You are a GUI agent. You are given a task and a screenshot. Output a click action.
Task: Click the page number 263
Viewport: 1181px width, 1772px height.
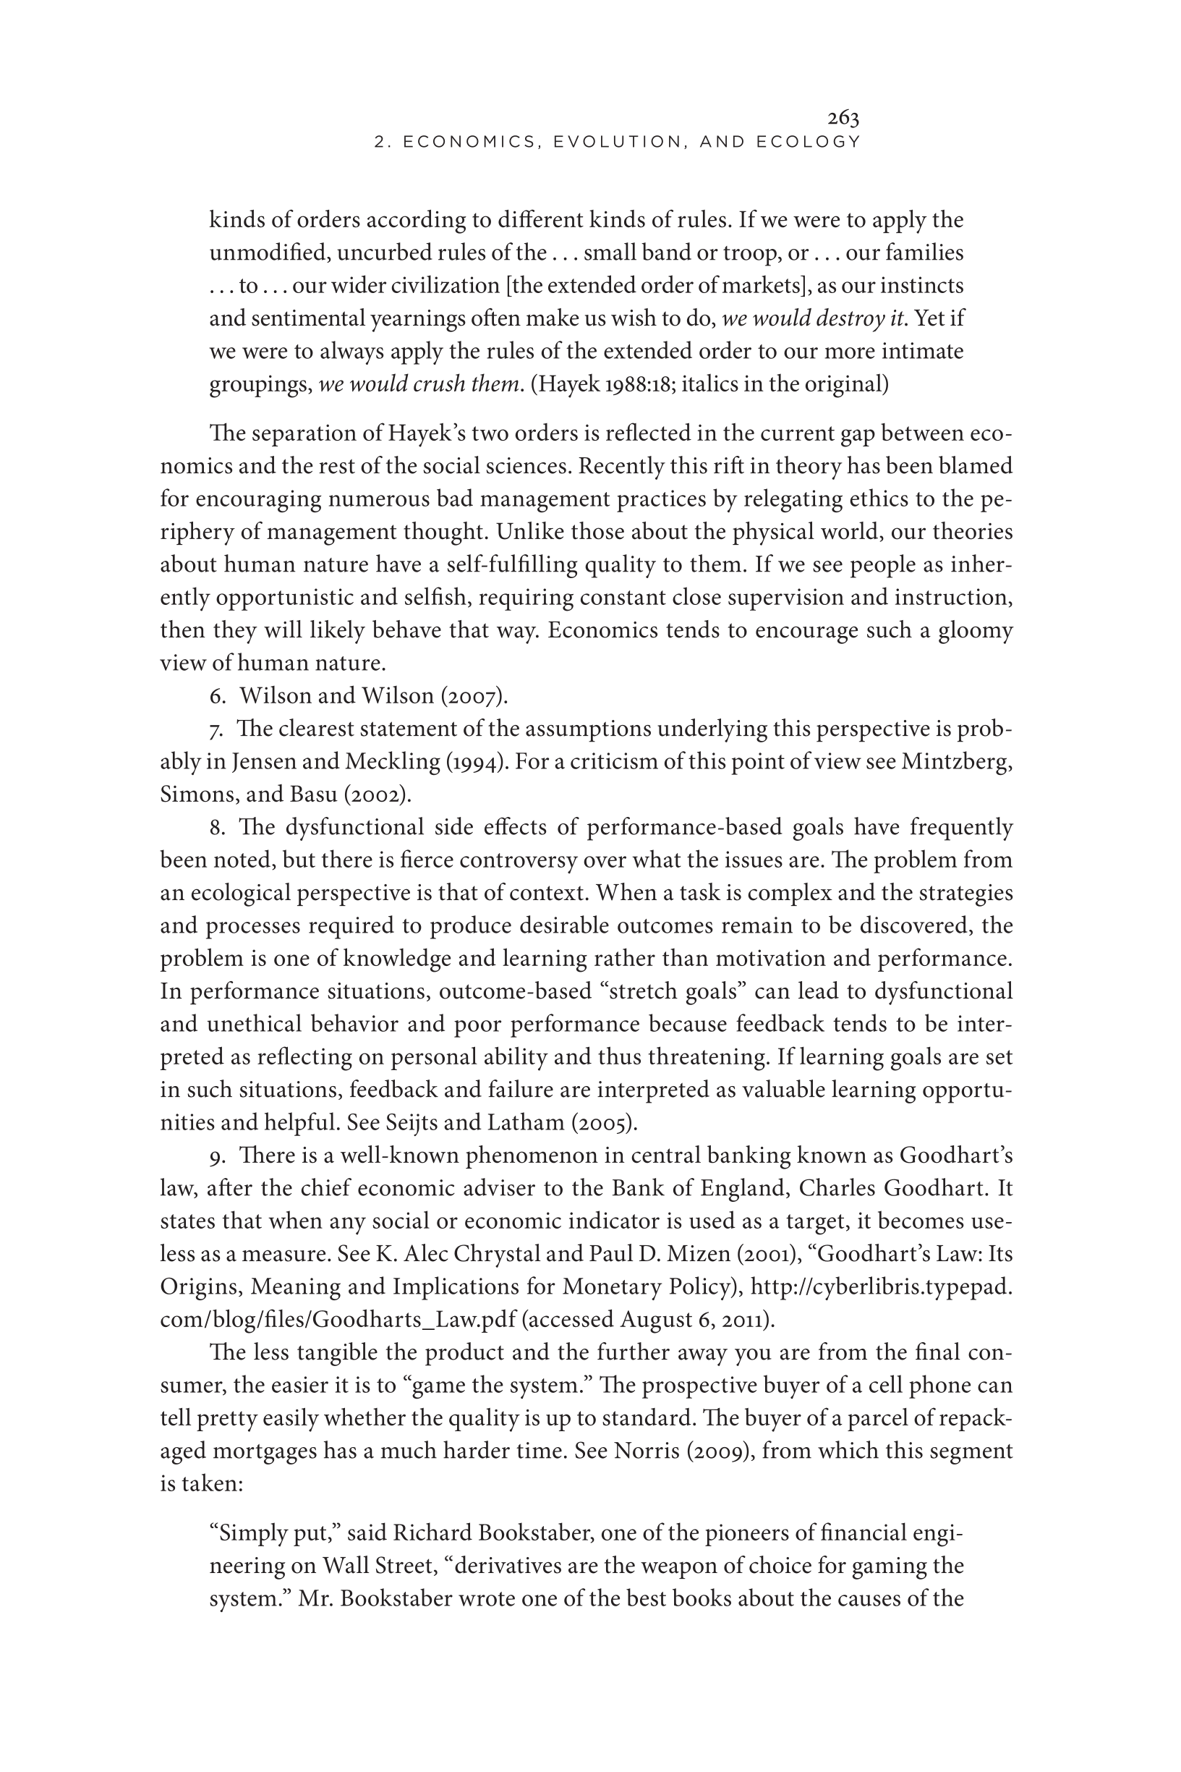[843, 118]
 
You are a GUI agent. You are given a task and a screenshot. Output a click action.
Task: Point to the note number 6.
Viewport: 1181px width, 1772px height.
[217, 696]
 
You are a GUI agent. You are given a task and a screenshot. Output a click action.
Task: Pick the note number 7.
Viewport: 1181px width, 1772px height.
[217, 729]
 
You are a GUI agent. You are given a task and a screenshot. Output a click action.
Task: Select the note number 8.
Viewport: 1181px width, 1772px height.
[217, 827]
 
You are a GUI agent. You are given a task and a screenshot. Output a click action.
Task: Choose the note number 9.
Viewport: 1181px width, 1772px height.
[217, 1156]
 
